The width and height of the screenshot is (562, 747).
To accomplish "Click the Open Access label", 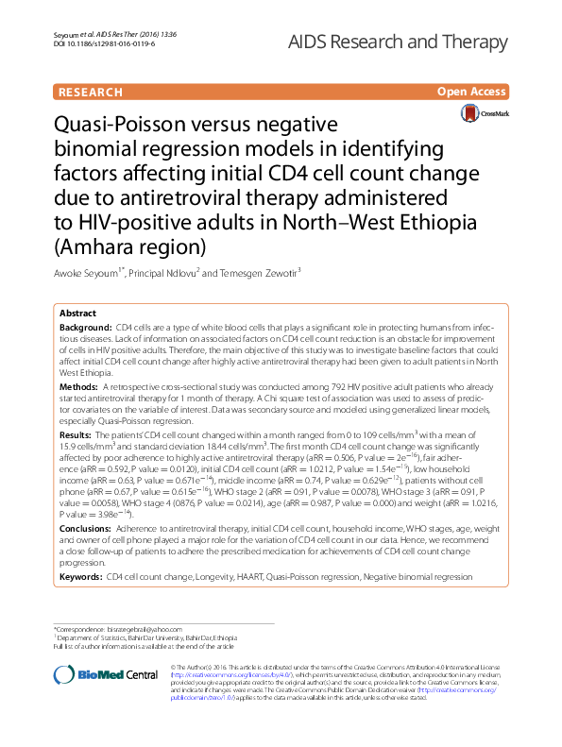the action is click(471, 92).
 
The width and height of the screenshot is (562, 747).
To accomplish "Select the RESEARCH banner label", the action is click(90, 92).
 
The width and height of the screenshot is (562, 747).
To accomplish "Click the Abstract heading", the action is click(77, 313).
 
